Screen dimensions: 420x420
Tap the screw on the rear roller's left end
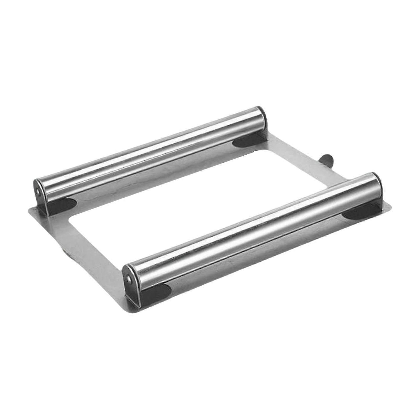click(x=39, y=193)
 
